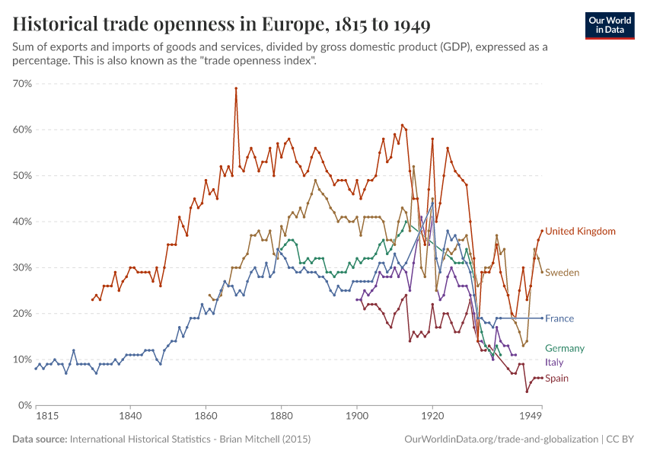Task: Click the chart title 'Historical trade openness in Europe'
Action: coord(222,25)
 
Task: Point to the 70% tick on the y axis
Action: coord(21,84)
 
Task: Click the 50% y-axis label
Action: coord(21,176)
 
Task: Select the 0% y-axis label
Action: coord(24,405)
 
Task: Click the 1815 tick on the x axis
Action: coord(36,417)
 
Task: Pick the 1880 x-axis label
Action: coord(281,417)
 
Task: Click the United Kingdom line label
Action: coord(580,232)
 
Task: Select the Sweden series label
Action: coord(562,273)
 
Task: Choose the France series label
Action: coord(559,318)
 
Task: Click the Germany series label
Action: coord(565,348)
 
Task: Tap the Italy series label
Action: coord(554,363)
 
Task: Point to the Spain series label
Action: coord(556,379)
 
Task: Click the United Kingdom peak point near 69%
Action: coord(236,88)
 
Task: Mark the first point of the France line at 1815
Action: coord(36,369)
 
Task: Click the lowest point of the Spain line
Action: coord(527,391)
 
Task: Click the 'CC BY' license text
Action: coord(620,439)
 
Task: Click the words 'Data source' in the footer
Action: coord(39,439)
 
